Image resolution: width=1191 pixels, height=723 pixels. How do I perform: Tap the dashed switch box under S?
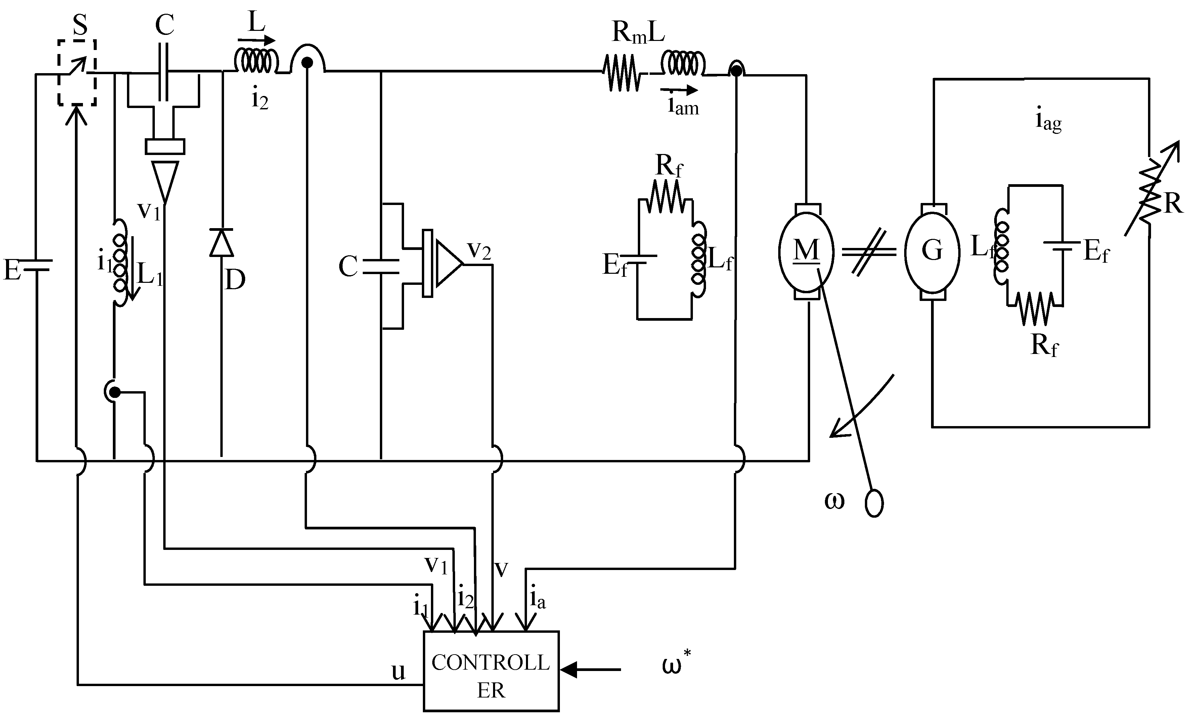(77, 72)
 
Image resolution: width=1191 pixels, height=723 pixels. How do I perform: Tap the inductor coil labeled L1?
(119, 263)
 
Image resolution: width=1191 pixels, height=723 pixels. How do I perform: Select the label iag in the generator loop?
(1048, 121)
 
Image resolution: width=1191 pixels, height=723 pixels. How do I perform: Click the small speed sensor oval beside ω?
(874, 504)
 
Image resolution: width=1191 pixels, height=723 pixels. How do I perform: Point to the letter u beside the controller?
(398, 671)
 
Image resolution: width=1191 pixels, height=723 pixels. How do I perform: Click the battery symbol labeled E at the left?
(37, 266)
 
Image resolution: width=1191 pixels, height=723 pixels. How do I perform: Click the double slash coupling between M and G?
(869, 252)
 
